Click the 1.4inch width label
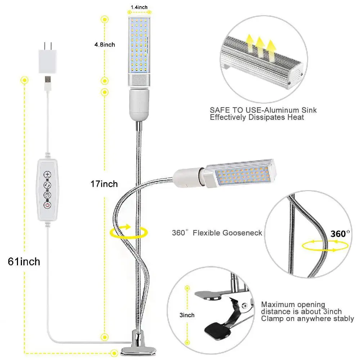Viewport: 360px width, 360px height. (x=139, y=7)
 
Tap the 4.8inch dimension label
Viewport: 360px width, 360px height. (x=104, y=45)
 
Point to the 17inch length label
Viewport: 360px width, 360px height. (x=104, y=184)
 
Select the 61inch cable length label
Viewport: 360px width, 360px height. (x=24, y=261)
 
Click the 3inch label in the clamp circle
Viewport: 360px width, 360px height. (x=187, y=315)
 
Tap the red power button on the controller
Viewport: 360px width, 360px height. (x=47, y=206)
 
